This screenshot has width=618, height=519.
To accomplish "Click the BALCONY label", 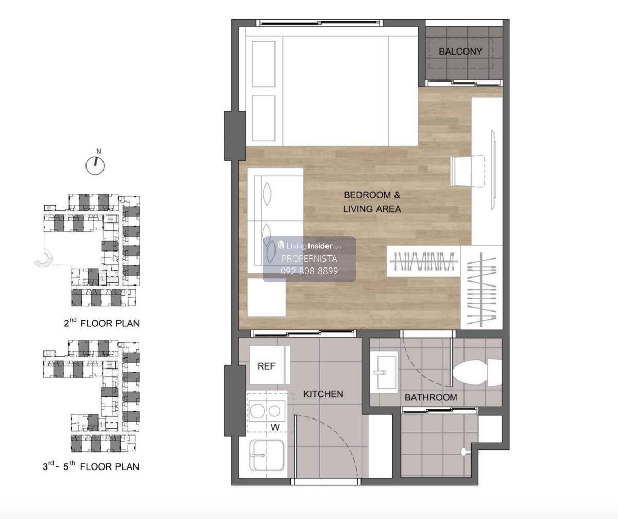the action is [x=460, y=52].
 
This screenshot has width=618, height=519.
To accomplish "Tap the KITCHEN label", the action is [x=323, y=394].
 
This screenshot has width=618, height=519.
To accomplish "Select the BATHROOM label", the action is [x=431, y=397].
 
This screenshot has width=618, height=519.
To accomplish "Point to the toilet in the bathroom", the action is [x=477, y=373].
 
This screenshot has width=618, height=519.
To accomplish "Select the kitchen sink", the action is [x=267, y=455].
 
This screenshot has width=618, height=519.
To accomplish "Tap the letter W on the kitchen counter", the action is [x=275, y=427].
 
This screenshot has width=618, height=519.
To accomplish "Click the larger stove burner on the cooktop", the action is [x=257, y=411].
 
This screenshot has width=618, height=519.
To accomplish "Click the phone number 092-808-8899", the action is [x=310, y=271].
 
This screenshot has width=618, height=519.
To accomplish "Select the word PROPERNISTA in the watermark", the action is [x=310, y=259].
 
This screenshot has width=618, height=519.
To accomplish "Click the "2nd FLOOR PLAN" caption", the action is [x=101, y=323].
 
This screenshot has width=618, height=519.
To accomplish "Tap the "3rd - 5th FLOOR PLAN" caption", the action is [x=91, y=466].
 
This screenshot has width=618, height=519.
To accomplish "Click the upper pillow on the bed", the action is [x=263, y=64].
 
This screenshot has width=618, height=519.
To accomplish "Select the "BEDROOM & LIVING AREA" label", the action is [x=372, y=202].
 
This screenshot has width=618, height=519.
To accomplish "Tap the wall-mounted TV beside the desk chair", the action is [x=493, y=170].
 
